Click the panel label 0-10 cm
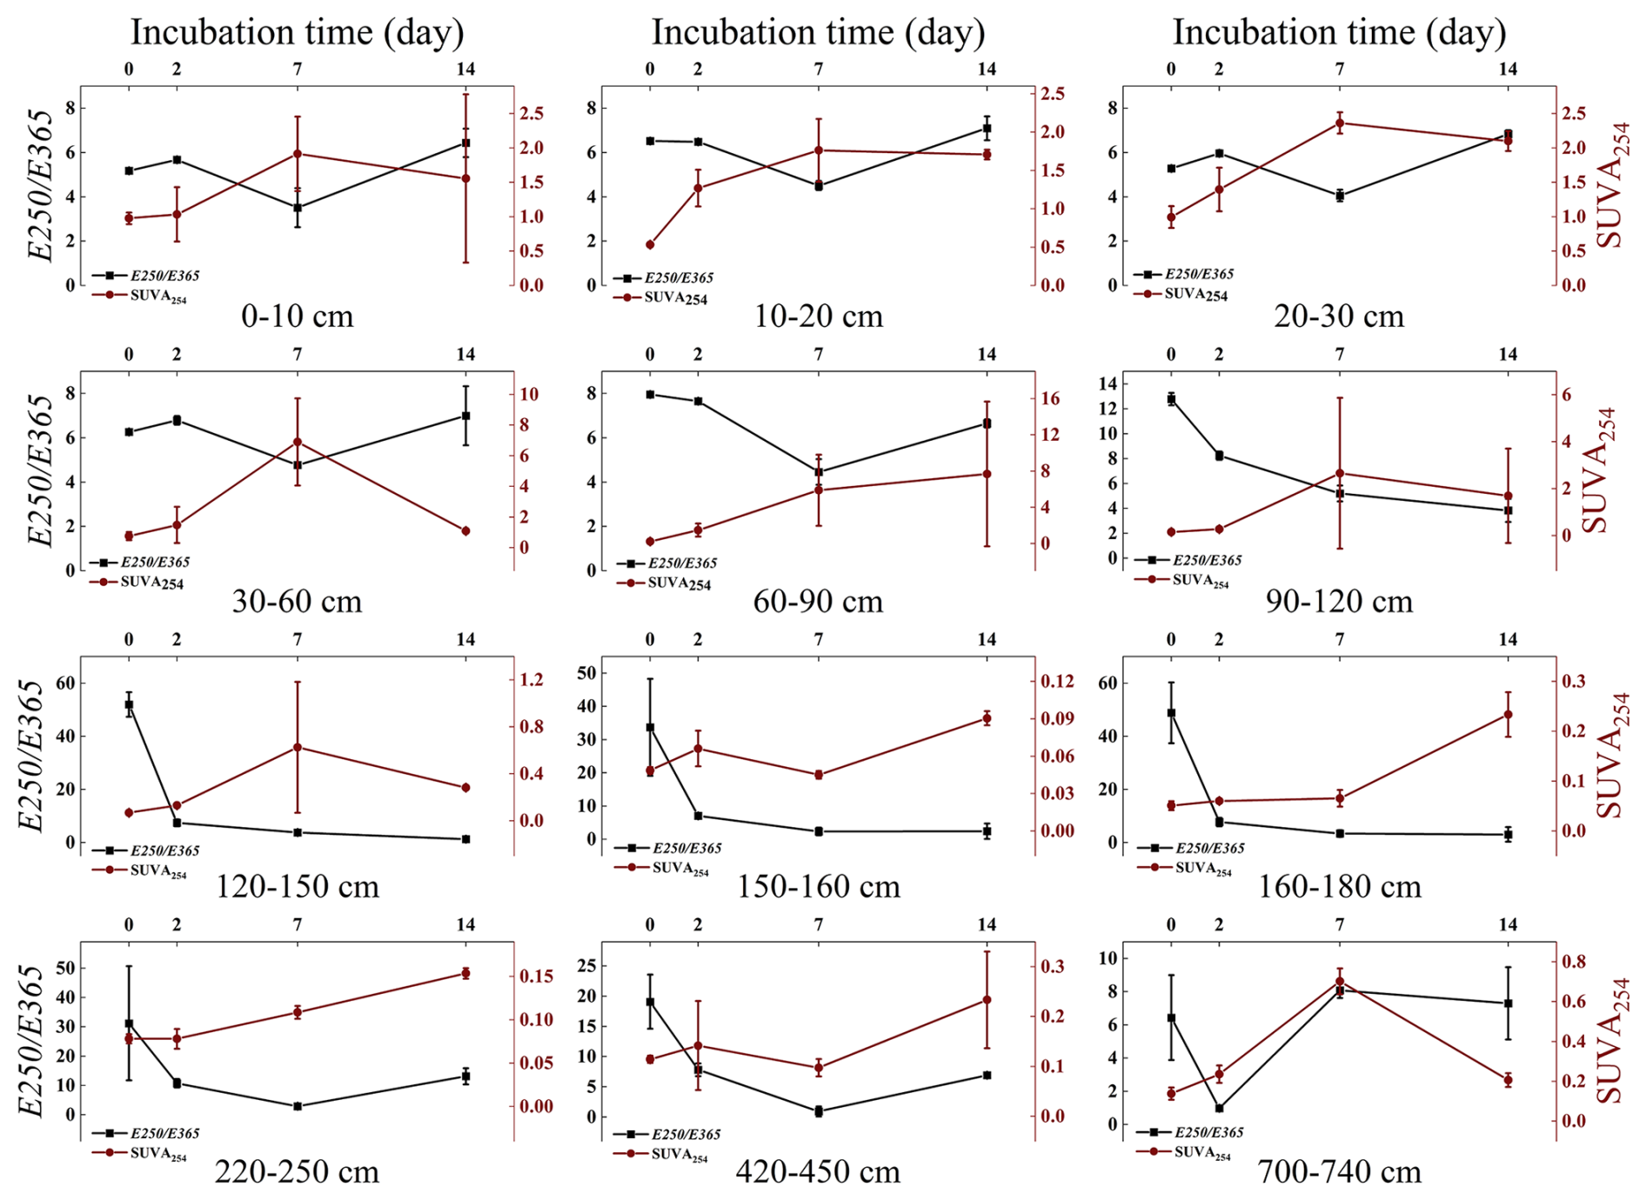point(297,316)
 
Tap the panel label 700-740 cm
point(1339,1172)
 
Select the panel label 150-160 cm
point(818,887)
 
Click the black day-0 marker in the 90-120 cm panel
point(1171,399)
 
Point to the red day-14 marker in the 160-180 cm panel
point(1508,715)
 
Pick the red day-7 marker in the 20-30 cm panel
point(1340,123)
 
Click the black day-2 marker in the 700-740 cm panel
point(1219,1109)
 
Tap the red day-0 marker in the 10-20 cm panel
point(650,245)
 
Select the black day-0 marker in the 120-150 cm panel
point(129,705)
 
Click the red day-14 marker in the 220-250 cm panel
point(465,973)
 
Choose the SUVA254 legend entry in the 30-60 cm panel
point(151,583)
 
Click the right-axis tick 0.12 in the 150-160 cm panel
point(1057,681)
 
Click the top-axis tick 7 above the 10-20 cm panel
point(819,70)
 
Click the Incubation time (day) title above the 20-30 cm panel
point(1339,32)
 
